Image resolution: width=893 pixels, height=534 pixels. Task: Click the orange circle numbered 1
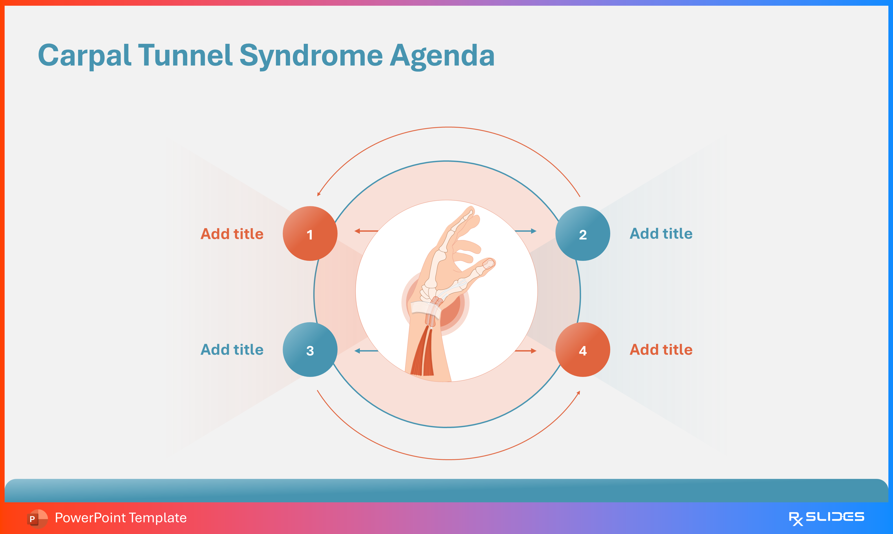[x=310, y=234]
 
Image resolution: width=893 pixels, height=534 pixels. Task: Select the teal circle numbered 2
[x=583, y=234]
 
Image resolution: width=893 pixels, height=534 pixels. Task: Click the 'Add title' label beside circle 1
[x=232, y=234]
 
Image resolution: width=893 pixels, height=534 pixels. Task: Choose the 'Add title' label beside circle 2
[x=661, y=234]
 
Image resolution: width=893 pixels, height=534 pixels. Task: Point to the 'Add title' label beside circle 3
[x=232, y=350]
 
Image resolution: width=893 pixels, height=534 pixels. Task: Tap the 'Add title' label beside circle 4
[x=661, y=350]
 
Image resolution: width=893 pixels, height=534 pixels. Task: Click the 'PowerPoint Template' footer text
[x=121, y=518]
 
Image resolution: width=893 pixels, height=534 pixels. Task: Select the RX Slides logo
[x=826, y=518]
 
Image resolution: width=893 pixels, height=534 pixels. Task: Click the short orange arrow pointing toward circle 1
[x=366, y=231]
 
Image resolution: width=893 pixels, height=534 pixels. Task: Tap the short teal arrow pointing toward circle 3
[x=366, y=351]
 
